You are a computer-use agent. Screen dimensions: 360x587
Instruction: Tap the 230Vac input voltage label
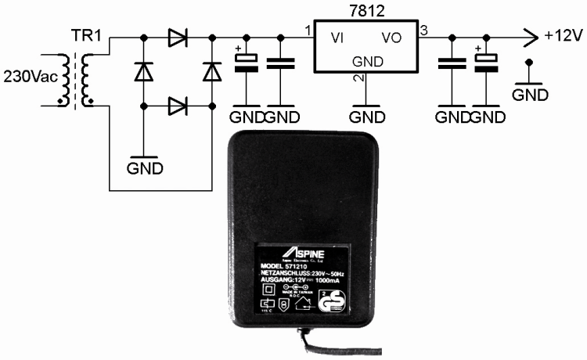(x=30, y=77)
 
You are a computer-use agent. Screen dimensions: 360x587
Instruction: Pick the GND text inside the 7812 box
(x=366, y=60)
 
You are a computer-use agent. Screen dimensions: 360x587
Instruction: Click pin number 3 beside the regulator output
(x=423, y=31)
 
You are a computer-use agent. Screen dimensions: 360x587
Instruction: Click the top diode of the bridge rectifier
(x=178, y=37)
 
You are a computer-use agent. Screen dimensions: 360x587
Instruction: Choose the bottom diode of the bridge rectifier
(x=178, y=104)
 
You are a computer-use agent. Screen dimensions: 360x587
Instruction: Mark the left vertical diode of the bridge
(x=143, y=71)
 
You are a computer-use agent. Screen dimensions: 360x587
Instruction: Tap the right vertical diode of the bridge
(x=212, y=71)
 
